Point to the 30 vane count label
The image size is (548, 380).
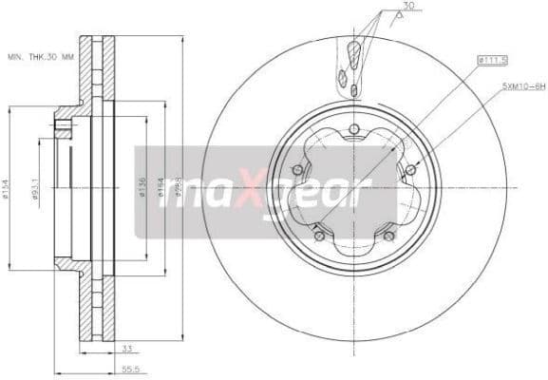(408, 8)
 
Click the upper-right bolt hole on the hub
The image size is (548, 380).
(409, 170)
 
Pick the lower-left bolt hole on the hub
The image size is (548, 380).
(319, 236)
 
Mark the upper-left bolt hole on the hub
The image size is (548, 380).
(297, 170)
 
